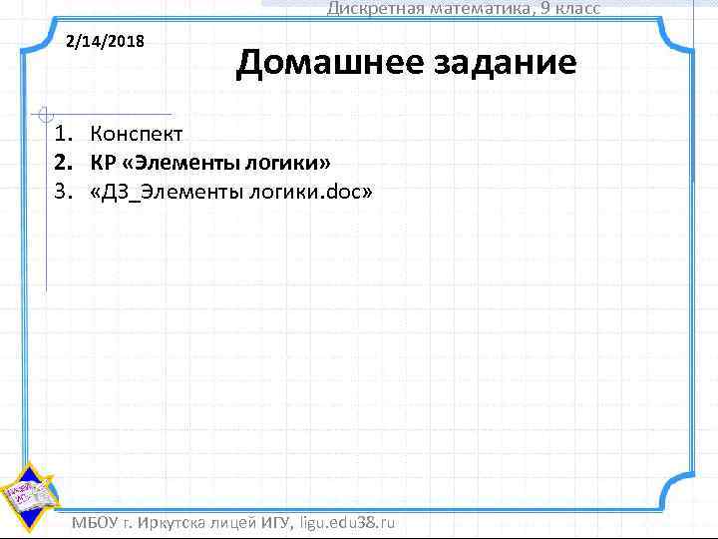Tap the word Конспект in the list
point(136,133)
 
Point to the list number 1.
point(62,133)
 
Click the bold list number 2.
point(62,162)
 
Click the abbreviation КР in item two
point(103,162)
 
